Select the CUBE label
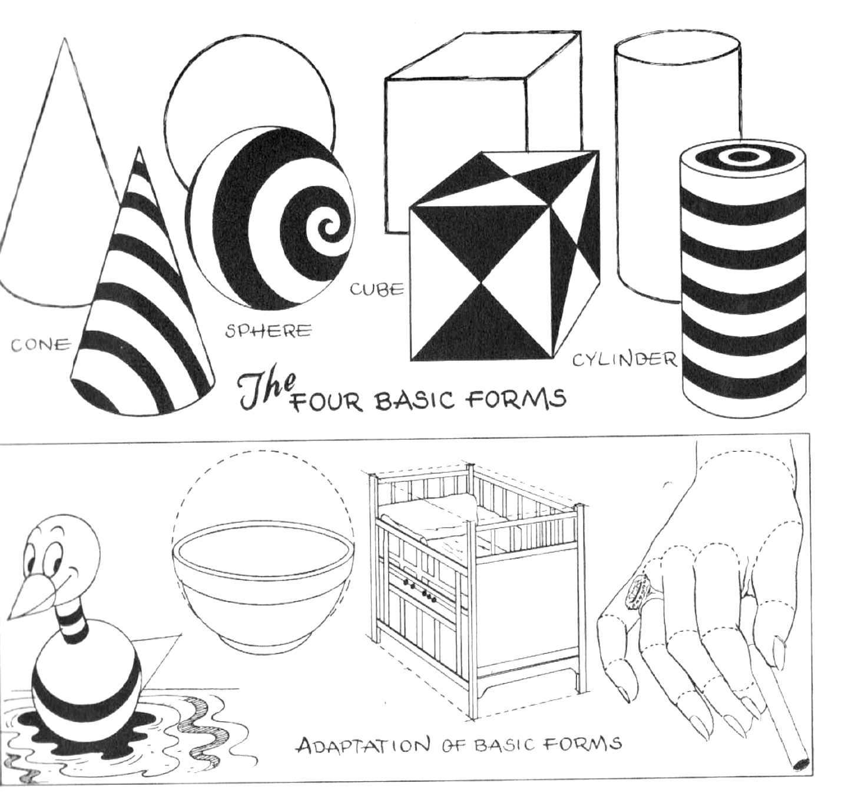(x=377, y=289)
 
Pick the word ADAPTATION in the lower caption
(x=363, y=745)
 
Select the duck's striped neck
(x=74, y=618)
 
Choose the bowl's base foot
(x=264, y=639)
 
